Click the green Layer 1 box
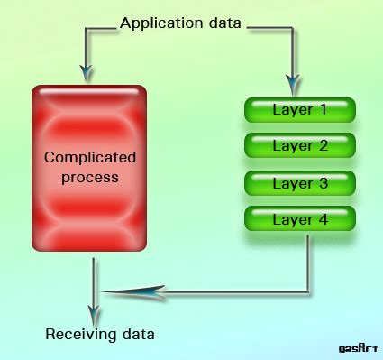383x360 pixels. click(300, 110)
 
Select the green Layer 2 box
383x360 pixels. click(300, 146)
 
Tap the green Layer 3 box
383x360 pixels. click(300, 182)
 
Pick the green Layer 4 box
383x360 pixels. click(300, 218)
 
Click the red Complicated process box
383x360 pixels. click(89, 168)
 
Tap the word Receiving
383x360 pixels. click(78, 336)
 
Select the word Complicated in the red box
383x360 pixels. click(90, 158)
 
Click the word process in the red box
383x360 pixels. click(90, 177)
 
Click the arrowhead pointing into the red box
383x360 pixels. click(86, 71)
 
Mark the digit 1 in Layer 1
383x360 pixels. click(322, 110)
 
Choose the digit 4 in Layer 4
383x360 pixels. click(322, 218)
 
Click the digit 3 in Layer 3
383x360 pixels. click(322, 182)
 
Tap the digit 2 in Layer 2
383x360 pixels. click(322, 146)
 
